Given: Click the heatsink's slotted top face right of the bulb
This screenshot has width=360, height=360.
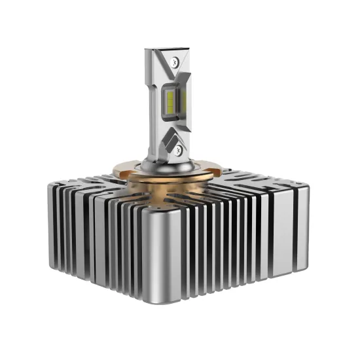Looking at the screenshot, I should [255, 180].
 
